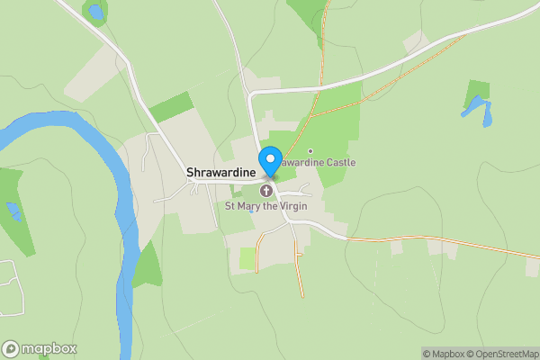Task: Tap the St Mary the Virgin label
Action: pos(267,206)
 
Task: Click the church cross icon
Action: pos(267,191)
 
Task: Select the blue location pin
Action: pos(269,162)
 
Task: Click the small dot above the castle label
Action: pos(310,151)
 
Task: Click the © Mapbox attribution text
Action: pos(444,354)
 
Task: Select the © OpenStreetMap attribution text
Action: pos(503,354)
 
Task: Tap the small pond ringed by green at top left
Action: pos(94,12)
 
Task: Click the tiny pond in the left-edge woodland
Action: pos(13,211)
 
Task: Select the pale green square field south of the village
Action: pos(247,258)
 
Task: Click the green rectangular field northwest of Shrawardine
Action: pos(171,106)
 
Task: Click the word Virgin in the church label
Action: pos(293,206)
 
